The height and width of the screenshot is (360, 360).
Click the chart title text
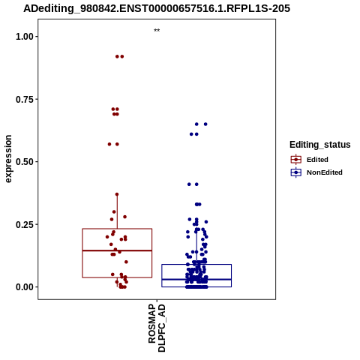coord(157,9)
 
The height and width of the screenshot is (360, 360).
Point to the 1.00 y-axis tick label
coord(25,37)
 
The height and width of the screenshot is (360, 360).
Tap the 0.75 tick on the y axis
coord(25,100)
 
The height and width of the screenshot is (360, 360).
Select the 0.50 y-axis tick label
coord(25,162)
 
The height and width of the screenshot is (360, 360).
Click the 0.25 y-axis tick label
coord(25,224)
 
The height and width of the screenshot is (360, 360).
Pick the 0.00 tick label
coord(25,287)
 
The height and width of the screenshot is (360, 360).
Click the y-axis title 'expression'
coord(8,159)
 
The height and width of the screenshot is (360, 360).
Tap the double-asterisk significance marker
coord(157,31)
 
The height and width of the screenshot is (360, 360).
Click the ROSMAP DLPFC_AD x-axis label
coord(157,328)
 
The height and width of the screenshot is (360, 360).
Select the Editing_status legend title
coord(320,145)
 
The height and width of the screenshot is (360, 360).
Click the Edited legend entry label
coord(317,160)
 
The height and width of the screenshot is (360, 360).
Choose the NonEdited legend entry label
coord(325,172)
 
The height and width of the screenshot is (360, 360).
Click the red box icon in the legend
coord(296,160)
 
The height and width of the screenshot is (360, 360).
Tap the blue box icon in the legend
coord(296,172)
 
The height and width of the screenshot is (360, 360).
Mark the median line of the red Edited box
coord(117,250)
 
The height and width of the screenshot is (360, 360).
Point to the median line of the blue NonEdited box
coord(196,279)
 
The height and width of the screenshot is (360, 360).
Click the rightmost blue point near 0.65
coord(205,124)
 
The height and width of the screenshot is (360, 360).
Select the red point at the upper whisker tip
coord(117,194)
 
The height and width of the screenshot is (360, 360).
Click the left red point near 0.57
coord(109,144)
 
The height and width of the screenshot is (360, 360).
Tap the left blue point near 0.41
coord(189,184)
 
